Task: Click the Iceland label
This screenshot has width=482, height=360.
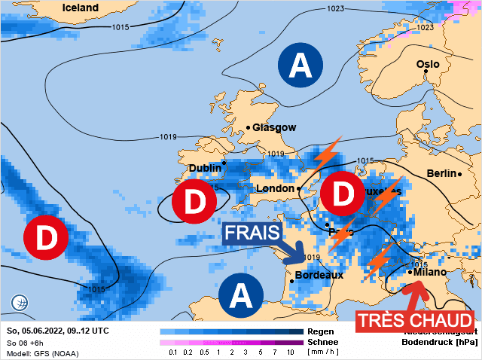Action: [79, 8]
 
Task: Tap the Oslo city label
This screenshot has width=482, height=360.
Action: [428, 64]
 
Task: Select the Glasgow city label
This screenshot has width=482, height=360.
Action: [274, 127]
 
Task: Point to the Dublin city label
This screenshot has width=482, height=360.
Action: [205, 168]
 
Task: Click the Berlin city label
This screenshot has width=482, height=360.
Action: [442, 173]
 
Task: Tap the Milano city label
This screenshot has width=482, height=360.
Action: [431, 272]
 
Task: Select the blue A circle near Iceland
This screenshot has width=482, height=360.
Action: [301, 66]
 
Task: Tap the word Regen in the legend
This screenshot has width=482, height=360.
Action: [320, 331]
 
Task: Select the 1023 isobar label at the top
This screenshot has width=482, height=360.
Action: [336, 9]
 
